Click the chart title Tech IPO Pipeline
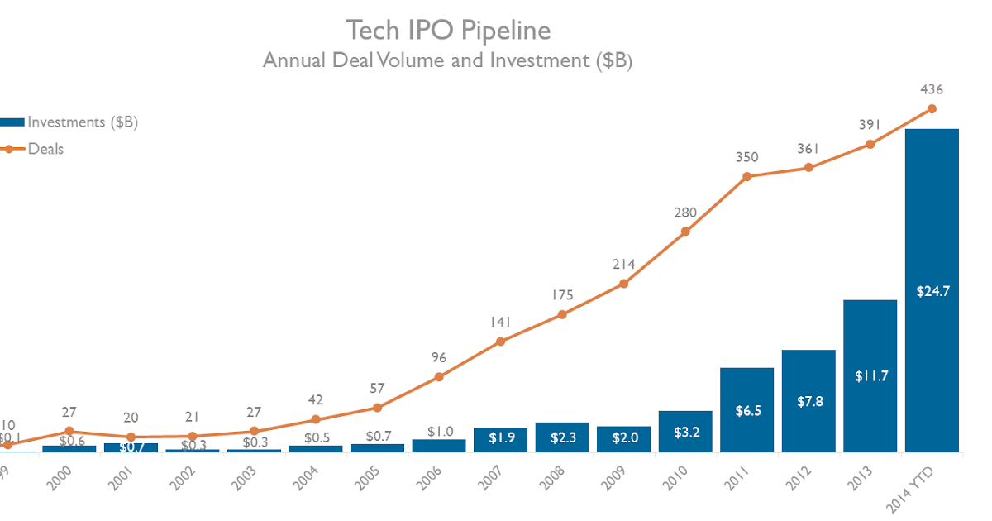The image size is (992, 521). pyautogui.click(x=448, y=31)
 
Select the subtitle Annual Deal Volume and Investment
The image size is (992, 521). pyautogui.click(x=447, y=60)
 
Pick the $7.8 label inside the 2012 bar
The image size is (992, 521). pyautogui.click(x=808, y=401)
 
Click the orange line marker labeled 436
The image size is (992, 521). pyautogui.click(x=932, y=108)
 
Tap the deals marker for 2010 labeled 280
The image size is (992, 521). pyautogui.click(x=685, y=232)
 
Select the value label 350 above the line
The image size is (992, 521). pyautogui.click(x=746, y=157)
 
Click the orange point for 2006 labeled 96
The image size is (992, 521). pyautogui.click(x=439, y=377)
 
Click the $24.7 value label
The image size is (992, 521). pyautogui.click(x=932, y=290)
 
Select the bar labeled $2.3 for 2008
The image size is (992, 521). pyautogui.click(x=562, y=437)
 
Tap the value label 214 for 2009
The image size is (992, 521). pyautogui.click(x=623, y=265)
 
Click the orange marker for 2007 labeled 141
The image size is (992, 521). pyautogui.click(x=500, y=341)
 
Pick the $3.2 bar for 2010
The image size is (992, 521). pyautogui.click(x=685, y=432)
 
